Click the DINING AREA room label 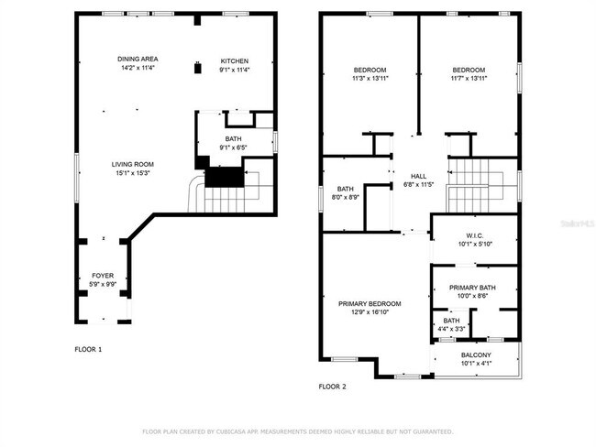(x=138, y=59)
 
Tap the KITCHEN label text (x=235, y=60)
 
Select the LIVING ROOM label (x=133, y=165)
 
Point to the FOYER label (x=103, y=276)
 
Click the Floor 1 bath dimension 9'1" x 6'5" (x=234, y=147)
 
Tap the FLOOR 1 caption (x=88, y=349)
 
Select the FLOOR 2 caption (x=332, y=387)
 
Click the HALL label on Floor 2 (x=418, y=176)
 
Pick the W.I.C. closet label (x=475, y=235)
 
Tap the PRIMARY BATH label (x=472, y=288)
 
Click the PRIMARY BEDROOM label (x=370, y=304)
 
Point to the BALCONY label (x=476, y=355)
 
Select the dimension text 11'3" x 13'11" (x=370, y=79)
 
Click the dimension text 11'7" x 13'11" (x=469, y=79)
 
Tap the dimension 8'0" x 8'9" (x=346, y=198)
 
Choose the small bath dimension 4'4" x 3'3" (x=451, y=329)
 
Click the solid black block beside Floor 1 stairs (x=225, y=177)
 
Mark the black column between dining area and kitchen (x=198, y=69)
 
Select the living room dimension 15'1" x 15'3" (x=133, y=173)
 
